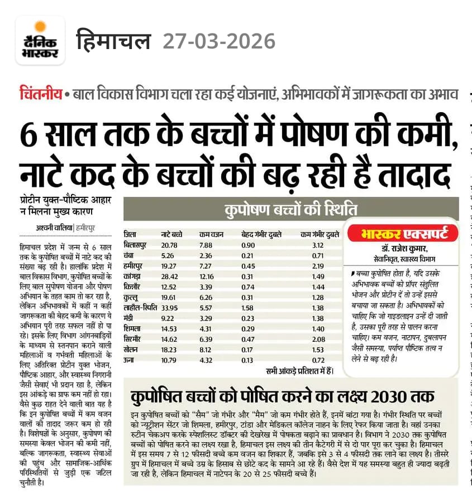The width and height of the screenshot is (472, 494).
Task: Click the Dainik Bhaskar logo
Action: click(40, 40)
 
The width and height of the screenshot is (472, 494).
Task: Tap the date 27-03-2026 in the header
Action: click(219, 41)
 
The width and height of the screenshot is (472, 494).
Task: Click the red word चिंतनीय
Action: click(40, 94)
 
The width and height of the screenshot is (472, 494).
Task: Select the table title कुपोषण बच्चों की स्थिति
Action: click(290, 210)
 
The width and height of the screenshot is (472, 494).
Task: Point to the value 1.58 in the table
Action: click(249, 307)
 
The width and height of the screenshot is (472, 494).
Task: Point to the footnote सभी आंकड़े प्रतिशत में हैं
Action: click(299, 370)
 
